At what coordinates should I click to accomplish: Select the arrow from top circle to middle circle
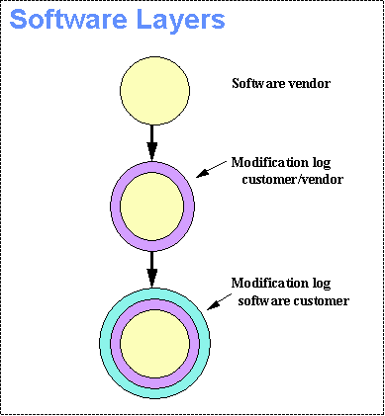click(151, 138)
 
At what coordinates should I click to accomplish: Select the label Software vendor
click(280, 84)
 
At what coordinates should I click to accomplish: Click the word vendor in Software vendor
click(310, 84)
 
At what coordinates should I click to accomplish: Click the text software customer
click(294, 300)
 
